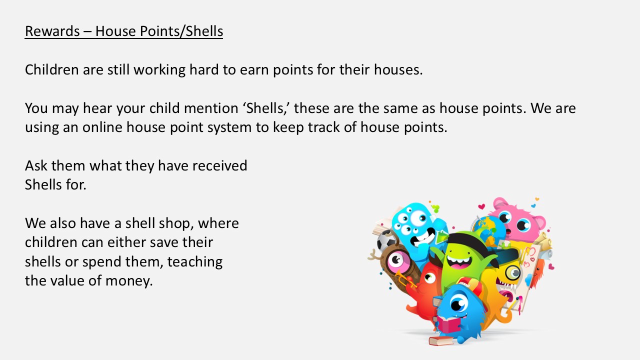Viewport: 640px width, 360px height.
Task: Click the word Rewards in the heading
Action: (x=52, y=31)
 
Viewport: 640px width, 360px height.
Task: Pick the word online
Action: (x=102, y=127)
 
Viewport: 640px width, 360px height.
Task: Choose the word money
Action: (x=129, y=281)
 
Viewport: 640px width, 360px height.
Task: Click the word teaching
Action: (x=195, y=262)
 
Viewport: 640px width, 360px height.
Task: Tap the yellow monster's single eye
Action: (x=513, y=272)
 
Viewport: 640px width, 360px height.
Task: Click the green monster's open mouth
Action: (x=459, y=262)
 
